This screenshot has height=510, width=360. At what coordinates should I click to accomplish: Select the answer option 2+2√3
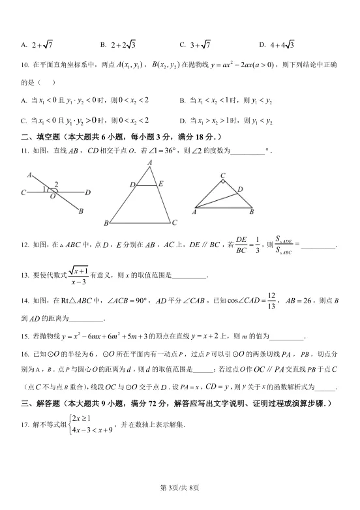click(x=121, y=44)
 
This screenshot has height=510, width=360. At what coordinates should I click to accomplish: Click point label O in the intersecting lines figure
click(x=52, y=196)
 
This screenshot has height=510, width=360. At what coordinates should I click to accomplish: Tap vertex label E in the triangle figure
click(x=160, y=184)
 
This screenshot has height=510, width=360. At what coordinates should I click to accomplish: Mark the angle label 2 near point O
click(x=57, y=185)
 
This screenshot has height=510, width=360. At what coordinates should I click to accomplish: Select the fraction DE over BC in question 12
click(x=241, y=245)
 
